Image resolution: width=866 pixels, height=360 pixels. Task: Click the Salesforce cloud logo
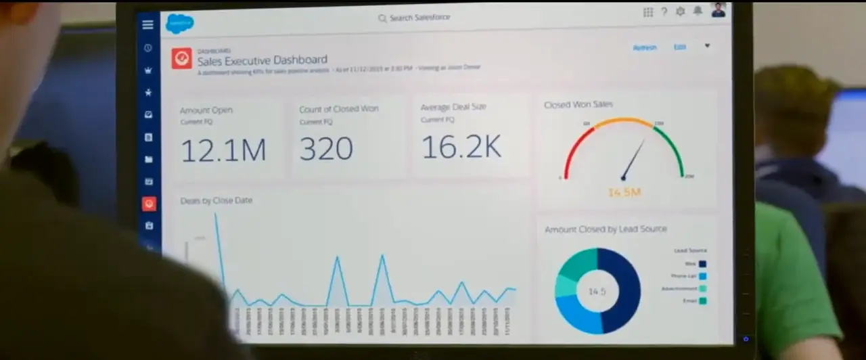click(x=179, y=24)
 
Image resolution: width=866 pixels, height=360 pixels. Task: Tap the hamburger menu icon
click(x=147, y=25)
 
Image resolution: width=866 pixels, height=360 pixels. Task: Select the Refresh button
click(x=644, y=47)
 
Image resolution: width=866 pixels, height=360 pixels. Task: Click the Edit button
click(x=679, y=47)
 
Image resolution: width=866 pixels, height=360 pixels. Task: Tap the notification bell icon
click(x=697, y=12)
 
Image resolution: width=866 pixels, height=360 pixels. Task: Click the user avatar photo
click(x=718, y=10)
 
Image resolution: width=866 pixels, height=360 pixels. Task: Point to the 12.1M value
click(x=223, y=150)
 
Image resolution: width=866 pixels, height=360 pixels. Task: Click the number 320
click(x=326, y=149)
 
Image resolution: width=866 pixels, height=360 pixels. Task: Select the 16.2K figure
click(x=461, y=147)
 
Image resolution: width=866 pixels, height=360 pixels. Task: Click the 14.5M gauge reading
click(x=624, y=193)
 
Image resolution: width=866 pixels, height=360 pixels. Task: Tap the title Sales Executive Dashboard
click(x=263, y=60)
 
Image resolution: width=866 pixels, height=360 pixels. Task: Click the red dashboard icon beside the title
click(x=181, y=58)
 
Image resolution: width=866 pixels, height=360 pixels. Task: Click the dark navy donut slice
click(x=621, y=291)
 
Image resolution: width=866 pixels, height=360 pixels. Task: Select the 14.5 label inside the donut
click(x=597, y=292)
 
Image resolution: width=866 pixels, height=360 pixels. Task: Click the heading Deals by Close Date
click(x=216, y=200)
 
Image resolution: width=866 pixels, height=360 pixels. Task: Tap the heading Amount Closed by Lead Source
click(x=606, y=229)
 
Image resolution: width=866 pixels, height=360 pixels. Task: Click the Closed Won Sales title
click(x=578, y=105)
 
